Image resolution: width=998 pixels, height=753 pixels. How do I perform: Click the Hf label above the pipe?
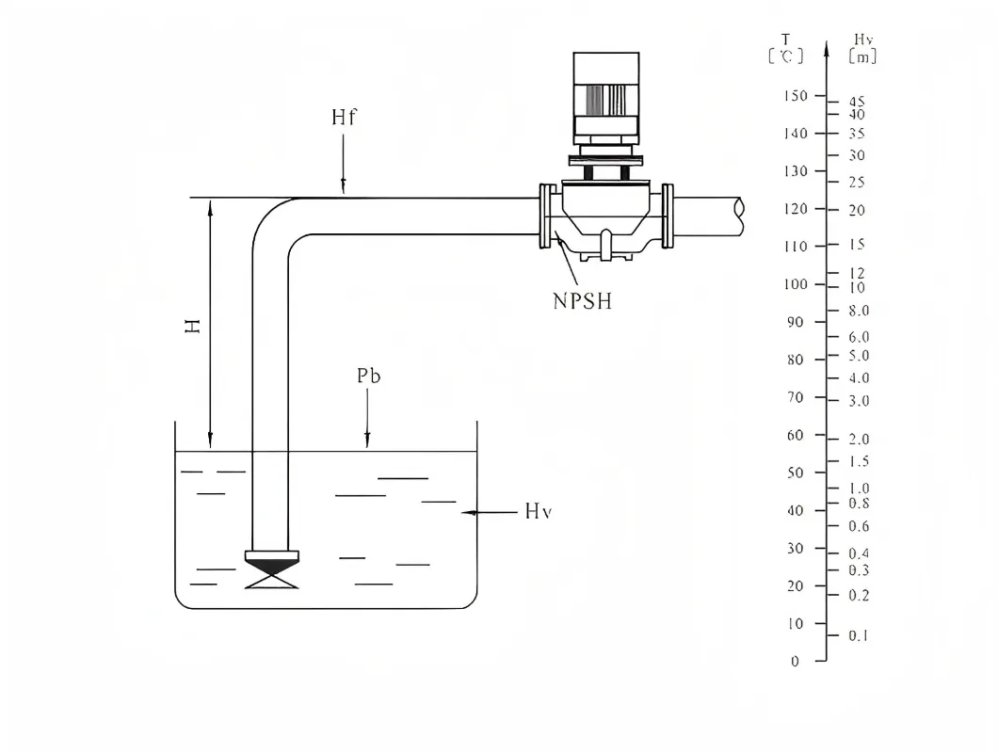point(345,118)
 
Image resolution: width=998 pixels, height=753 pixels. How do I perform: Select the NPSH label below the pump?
point(582,302)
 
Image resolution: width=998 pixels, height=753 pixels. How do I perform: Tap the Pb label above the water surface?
point(369,376)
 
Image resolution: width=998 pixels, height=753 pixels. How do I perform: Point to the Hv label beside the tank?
point(538,512)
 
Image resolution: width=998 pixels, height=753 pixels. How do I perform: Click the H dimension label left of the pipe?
point(192,327)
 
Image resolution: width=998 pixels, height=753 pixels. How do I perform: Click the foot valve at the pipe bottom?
point(271,569)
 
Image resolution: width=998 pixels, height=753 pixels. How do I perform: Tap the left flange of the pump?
point(545,216)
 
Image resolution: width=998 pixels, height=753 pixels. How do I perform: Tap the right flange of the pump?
point(668,216)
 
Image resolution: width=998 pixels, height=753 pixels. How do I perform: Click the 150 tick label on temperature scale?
point(796,96)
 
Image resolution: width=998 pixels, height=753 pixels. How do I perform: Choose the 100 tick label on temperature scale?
point(796,284)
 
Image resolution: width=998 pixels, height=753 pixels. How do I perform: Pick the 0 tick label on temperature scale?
point(796,661)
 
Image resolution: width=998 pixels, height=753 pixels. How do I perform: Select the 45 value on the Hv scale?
point(857,102)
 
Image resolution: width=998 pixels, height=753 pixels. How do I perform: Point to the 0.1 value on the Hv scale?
point(858,636)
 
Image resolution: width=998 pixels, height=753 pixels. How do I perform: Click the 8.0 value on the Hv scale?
point(858,311)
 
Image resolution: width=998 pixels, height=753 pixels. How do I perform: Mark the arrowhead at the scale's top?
point(826,48)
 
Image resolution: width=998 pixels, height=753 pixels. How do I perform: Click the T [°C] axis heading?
point(786,48)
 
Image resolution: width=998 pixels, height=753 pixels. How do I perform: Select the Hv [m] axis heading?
point(862,48)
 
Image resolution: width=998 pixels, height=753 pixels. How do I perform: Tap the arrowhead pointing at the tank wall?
point(467,512)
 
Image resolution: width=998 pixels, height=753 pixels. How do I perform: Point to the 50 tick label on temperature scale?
point(796,473)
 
